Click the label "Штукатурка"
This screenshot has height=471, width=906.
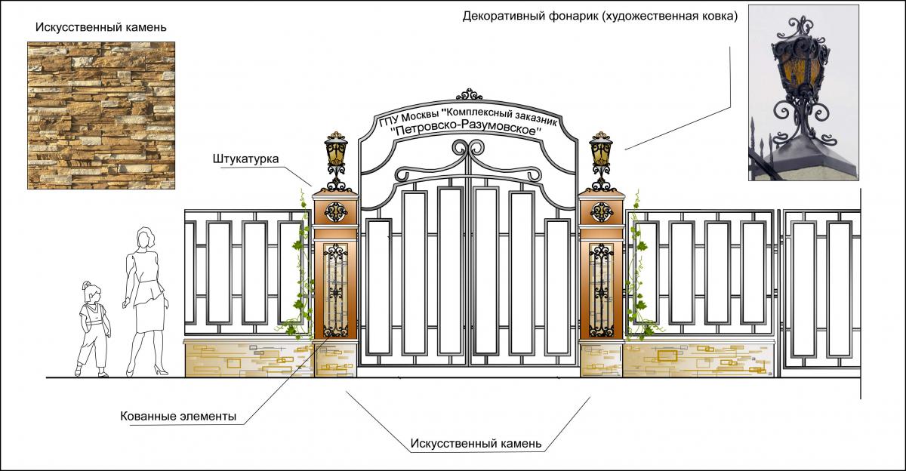pos(245,159)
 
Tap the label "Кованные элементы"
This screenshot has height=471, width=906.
pos(178,417)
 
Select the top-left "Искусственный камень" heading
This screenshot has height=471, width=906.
pos(101,27)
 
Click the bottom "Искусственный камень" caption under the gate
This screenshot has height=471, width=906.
pos(476,443)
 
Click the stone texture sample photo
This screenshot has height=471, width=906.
pos(101,115)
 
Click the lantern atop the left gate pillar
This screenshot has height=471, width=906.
pos(336,155)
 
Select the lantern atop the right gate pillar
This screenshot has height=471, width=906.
pos(601,155)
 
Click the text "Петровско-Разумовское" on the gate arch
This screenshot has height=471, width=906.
pos(468,129)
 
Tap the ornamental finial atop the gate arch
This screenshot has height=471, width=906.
pos(470,94)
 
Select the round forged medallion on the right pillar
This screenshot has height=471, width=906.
pos(601,213)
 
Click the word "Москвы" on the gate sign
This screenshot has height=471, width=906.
pos(419,118)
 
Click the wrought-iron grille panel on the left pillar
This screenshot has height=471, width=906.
pos(335,291)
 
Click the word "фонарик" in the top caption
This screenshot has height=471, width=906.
pos(569,15)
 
